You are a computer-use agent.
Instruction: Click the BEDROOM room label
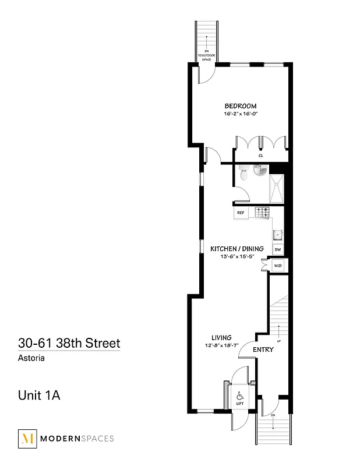(241, 105)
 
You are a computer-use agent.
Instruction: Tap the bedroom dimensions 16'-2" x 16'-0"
(241, 114)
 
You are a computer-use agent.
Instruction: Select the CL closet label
(261, 156)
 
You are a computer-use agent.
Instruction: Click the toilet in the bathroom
(244, 172)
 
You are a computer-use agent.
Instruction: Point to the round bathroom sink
(260, 170)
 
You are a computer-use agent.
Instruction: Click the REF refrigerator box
(241, 213)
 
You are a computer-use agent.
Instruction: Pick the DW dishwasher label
(278, 249)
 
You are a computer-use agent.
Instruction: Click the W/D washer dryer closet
(278, 266)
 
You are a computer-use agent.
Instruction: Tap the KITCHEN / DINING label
(237, 249)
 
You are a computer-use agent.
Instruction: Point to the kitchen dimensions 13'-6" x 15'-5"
(237, 257)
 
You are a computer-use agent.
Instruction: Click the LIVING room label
(222, 337)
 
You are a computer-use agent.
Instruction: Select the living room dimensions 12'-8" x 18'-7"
(222, 345)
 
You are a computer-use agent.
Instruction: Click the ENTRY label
(263, 349)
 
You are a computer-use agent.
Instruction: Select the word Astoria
(31, 358)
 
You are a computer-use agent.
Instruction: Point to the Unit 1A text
(40, 396)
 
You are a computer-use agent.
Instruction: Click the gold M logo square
(27, 439)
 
